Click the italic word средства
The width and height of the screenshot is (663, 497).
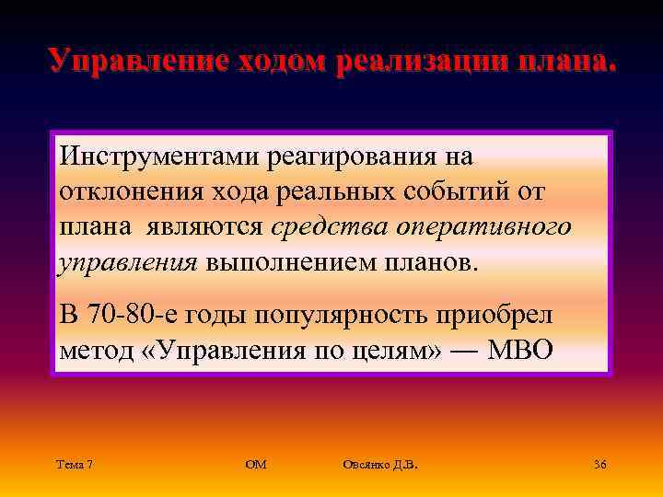319,226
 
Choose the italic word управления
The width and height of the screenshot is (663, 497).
128,262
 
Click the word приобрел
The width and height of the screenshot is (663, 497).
495,316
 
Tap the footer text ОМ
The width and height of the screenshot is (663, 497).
257,464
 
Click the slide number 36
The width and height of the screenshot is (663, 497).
599,464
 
